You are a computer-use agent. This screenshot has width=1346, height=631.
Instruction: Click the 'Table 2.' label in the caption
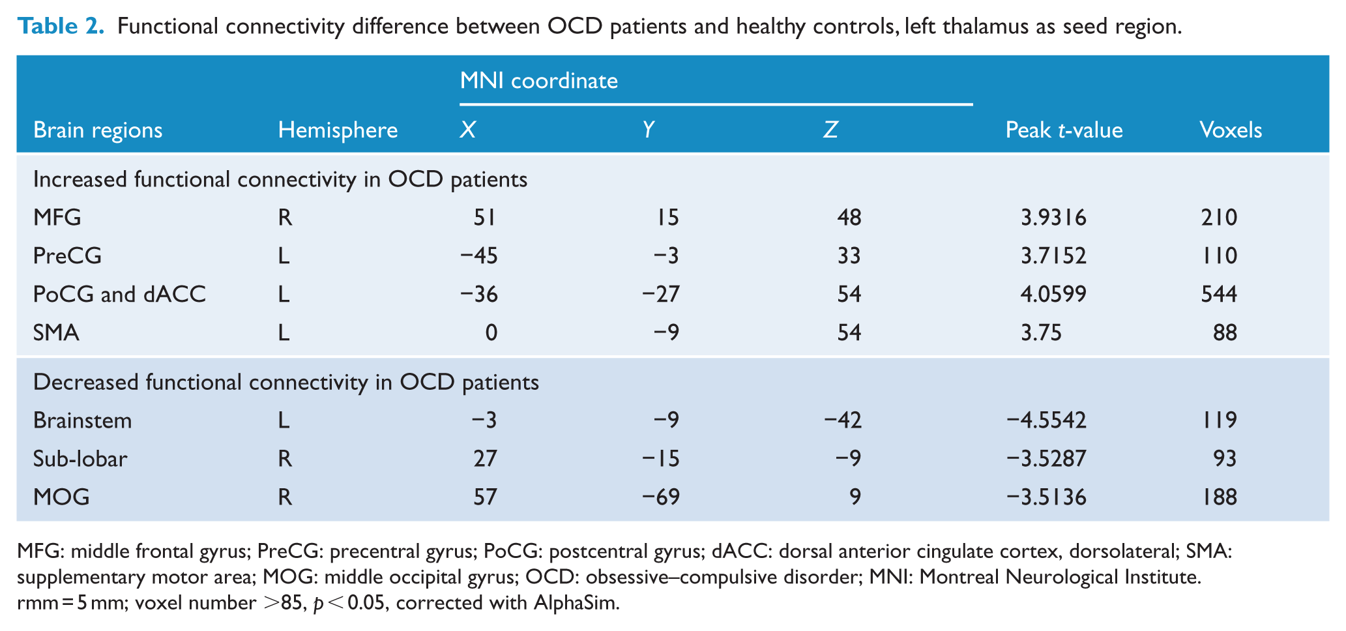[x=61, y=26]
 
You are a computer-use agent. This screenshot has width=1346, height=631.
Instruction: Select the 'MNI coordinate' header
[x=539, y=80]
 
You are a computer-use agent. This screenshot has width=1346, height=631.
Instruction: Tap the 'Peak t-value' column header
[x=1064, y=130]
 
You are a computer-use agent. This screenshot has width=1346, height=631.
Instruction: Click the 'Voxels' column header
[x=1231, y=130]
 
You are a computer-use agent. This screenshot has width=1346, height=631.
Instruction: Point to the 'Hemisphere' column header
[x=338, y=130]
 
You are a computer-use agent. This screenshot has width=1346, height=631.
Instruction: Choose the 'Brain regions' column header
[x=98, y=130]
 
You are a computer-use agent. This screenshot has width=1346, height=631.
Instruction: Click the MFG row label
[x=57, y=217]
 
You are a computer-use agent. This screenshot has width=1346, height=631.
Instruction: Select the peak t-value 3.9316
[x=1053, y=217]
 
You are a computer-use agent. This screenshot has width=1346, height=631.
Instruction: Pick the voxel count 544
[x=1219, y=294]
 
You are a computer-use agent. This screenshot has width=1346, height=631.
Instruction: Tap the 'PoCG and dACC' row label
[x=119, y=294]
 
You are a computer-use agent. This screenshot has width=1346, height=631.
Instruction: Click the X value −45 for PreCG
[x=478, y=256]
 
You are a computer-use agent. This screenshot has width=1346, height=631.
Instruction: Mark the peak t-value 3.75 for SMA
[x=1041, y=333]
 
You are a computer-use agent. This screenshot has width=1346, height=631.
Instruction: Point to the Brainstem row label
[x=82, y=420]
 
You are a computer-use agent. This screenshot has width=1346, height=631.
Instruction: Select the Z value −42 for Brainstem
[x=842, y=420]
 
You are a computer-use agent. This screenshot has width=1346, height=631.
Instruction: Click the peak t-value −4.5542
[x=1046, y=420]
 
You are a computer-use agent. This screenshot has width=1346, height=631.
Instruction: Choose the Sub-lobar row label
[x=80, y=459]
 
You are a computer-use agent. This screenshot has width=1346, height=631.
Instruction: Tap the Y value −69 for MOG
[x=660, y=497]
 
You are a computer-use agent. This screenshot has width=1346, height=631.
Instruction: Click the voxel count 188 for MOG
[x=1219, y=497]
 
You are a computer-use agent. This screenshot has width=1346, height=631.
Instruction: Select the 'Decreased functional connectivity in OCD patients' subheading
[x=286, y=382]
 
